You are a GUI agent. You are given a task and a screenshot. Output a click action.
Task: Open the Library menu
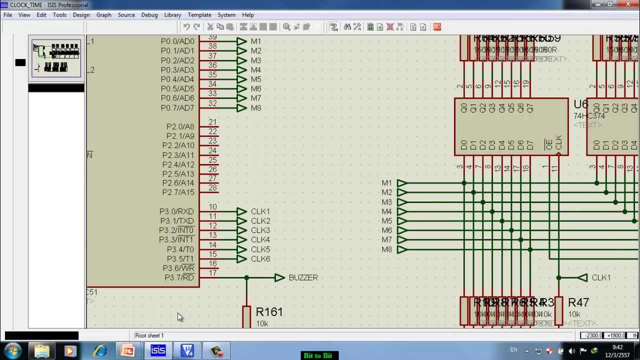(x=172, y=15)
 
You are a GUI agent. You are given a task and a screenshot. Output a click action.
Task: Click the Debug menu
(x=149, y=15)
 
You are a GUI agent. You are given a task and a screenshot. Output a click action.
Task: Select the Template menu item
(x=199, y=15)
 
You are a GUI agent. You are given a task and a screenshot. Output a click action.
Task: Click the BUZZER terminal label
(x=303, y=277)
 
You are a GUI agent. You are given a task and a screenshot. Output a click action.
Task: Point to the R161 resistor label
(x=269, y=312)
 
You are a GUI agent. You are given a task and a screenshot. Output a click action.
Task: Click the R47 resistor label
(x=578, y=302)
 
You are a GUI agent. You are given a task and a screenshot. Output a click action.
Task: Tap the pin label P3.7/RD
(x=179, y=277)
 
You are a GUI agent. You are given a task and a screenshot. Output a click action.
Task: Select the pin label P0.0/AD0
(x=177, y=41)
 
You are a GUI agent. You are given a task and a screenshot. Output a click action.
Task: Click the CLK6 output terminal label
(x=260, y=259)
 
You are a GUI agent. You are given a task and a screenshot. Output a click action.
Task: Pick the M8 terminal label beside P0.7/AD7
(x=256, y=108)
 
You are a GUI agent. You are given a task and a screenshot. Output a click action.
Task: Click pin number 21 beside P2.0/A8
(x=212, y=122)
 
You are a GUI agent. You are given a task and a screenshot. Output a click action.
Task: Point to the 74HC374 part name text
(x=589, y=116)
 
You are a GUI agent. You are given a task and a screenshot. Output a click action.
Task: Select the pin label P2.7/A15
(x=178, y=192)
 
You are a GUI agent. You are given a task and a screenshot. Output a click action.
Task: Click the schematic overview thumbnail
(x=56, y=58)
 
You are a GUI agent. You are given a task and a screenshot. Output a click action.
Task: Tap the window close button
(x=627, y=4)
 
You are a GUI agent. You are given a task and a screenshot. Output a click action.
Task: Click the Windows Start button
(x=13, y=351)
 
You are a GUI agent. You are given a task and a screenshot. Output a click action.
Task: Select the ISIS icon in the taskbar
(x=158, y=351)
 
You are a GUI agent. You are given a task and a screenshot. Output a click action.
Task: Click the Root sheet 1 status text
(x=149, y=335)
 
